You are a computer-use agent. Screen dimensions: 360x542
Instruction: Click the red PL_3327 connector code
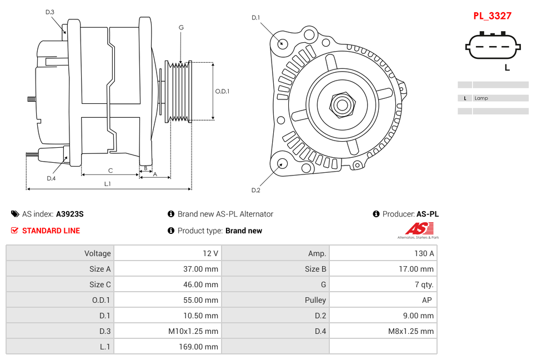click(492, 16)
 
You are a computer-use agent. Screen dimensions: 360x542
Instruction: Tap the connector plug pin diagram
click(493, 47)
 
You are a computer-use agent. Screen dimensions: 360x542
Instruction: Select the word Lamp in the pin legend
click(481, 98)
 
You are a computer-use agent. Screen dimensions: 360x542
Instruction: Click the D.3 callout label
click(50, 12)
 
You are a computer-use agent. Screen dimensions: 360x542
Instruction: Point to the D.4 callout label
click(51, 178)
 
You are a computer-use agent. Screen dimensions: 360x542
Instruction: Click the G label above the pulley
click(181, 27)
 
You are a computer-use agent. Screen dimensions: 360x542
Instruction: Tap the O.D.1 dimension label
click(222, 92)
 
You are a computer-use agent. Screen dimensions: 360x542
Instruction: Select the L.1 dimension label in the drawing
click(108, 184)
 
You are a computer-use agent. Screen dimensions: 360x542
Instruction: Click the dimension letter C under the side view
click(110, 171)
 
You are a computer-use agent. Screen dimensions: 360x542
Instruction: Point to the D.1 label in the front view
click(255, 18)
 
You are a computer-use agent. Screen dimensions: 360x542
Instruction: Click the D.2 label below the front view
click(255, 191)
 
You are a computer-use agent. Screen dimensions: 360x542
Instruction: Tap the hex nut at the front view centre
click(342, 104)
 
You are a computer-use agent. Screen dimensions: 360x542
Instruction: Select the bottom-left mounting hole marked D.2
click(282, 163)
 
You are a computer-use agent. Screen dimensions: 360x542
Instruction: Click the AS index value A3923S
click(70, 214)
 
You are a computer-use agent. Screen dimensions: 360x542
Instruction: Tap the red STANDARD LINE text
click(51, 231)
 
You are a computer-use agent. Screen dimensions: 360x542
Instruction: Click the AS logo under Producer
click(418, 229)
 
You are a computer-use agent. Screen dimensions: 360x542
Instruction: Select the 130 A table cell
click(424, 253)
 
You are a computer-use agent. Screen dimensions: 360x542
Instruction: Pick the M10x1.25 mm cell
click(193, 331)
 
